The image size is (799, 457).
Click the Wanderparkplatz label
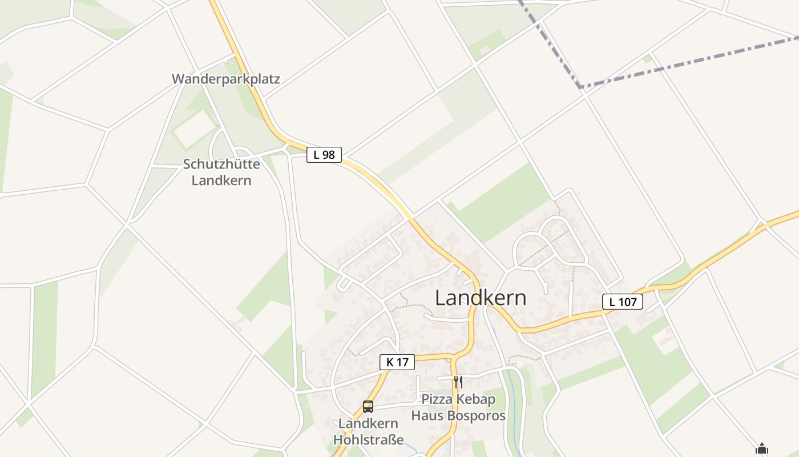(x=226, y=79)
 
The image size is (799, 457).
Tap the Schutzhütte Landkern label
(x=221, y=172)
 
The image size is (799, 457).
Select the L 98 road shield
(x=324, y=154)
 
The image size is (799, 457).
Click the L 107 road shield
(x=623, y=302)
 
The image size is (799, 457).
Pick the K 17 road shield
(x=397, y=362)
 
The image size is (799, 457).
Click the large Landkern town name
(x=481, y=298)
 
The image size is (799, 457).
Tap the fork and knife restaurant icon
(x=458, y=381)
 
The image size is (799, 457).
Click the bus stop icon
(x=368, y=407)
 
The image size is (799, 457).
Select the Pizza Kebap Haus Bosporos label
(x=458, y=407)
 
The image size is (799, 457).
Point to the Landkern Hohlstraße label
(x=368, y=432)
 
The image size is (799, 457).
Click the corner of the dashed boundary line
(x=580, y=87)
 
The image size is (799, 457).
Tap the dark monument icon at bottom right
(x=762, y=448)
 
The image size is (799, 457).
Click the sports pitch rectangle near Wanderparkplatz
(x=195, y=129)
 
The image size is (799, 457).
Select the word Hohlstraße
(x=368, y=440)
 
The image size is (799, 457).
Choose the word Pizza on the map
(x=436, y=399)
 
